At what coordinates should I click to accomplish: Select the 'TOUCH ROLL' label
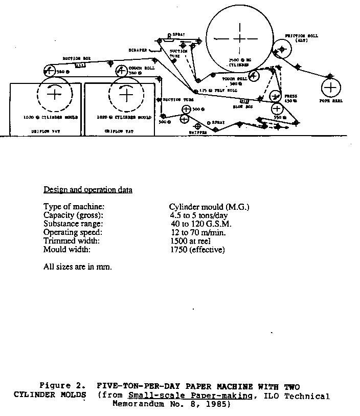pos(235,79)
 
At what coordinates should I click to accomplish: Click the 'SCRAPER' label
pos(138,50)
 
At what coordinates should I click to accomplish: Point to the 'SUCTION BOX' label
pos(73,58)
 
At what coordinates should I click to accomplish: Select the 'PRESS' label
pos(291,96)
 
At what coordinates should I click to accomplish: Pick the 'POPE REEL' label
pos(331,101)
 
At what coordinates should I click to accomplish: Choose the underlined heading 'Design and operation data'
pos(88,190)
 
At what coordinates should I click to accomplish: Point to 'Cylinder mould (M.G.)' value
pos(209,207)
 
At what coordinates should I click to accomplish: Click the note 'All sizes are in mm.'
pos(78,267)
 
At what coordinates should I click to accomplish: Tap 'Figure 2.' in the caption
pos(58,386)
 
